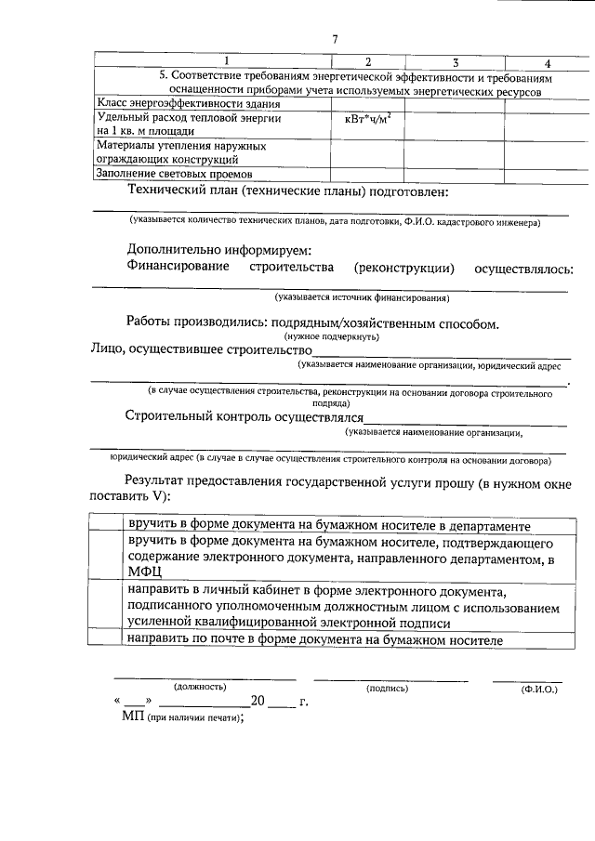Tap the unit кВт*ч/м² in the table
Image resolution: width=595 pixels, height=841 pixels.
367,119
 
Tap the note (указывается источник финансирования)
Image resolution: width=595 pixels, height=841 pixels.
362,298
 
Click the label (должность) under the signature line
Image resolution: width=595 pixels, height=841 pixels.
200,688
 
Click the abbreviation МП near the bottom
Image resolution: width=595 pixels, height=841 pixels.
132,717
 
